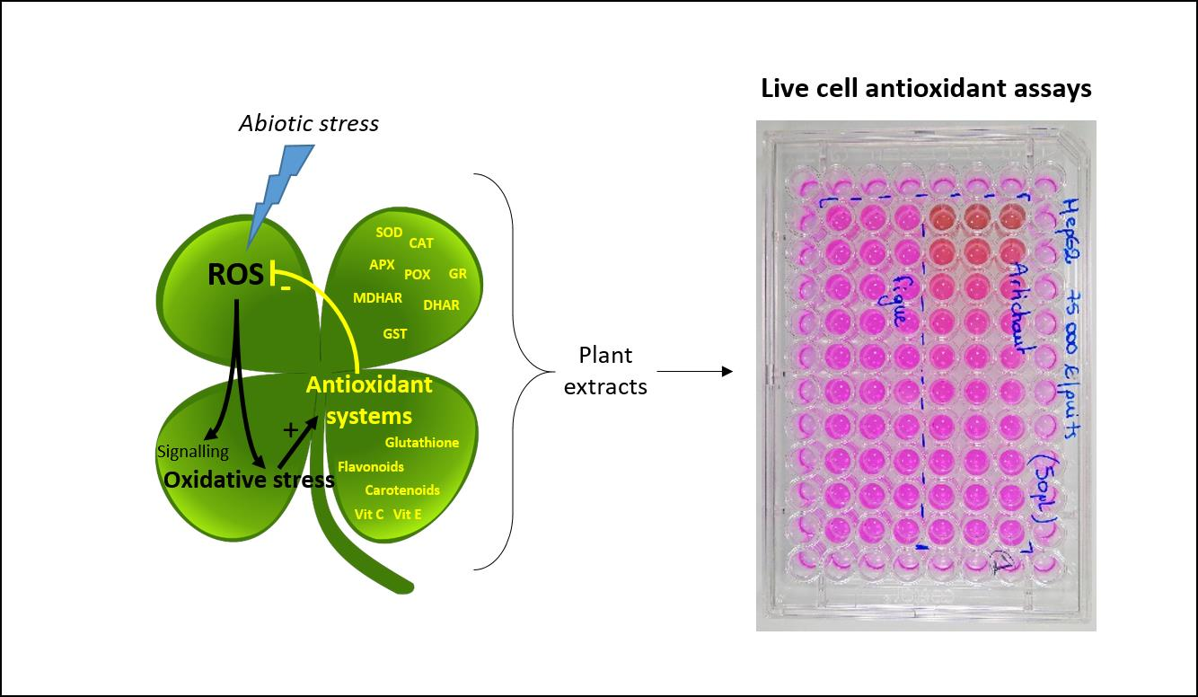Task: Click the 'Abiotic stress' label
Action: pos(308,123)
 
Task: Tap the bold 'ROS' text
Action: pos(235,275)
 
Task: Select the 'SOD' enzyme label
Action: pos(389,233)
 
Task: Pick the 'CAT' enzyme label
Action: pos(421,243)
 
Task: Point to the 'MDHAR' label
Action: pos(377,298)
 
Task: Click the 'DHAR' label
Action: pos(441,305)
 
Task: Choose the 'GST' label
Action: pos(395,334)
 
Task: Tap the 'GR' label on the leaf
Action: pos(457,274)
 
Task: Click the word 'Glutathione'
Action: pos(421,443)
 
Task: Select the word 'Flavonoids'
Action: pos(371,467)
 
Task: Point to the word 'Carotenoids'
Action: pos(401,490)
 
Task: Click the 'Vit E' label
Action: pos(407,515)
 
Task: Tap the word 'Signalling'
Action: pos(192,452)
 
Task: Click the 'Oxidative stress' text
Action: pos(249,480)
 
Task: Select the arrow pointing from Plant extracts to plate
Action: pos(695,371)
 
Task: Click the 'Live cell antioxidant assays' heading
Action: pos(926,89)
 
